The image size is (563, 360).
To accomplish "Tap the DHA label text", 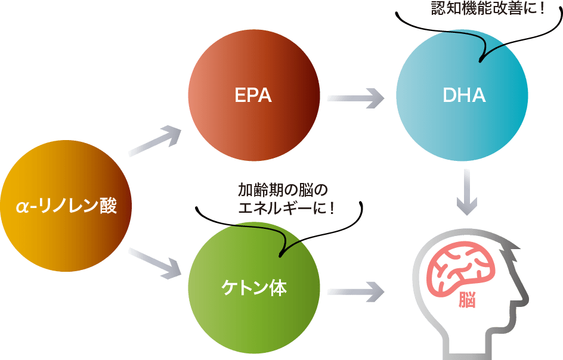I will (x=464, y=95).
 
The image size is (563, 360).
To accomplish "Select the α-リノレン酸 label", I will (x=66, y=207).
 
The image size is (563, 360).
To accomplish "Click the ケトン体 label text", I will (x=253, y=288).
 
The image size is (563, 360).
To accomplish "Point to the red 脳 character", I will (x=467, y=300).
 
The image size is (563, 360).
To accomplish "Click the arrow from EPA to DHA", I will (x=355, y=98).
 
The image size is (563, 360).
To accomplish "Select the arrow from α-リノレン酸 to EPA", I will (x=155, y=141).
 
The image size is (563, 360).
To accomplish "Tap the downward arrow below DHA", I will (x=466, y=192).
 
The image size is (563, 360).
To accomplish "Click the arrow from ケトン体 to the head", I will (x=355, y=290).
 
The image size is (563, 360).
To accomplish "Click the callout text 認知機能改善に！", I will (x=488, y=9).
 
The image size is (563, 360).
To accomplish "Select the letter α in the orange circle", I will (x=22, y=207).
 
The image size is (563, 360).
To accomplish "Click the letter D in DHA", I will (x=450, y=95).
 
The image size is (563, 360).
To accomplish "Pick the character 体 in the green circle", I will (x=277, y=288).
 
